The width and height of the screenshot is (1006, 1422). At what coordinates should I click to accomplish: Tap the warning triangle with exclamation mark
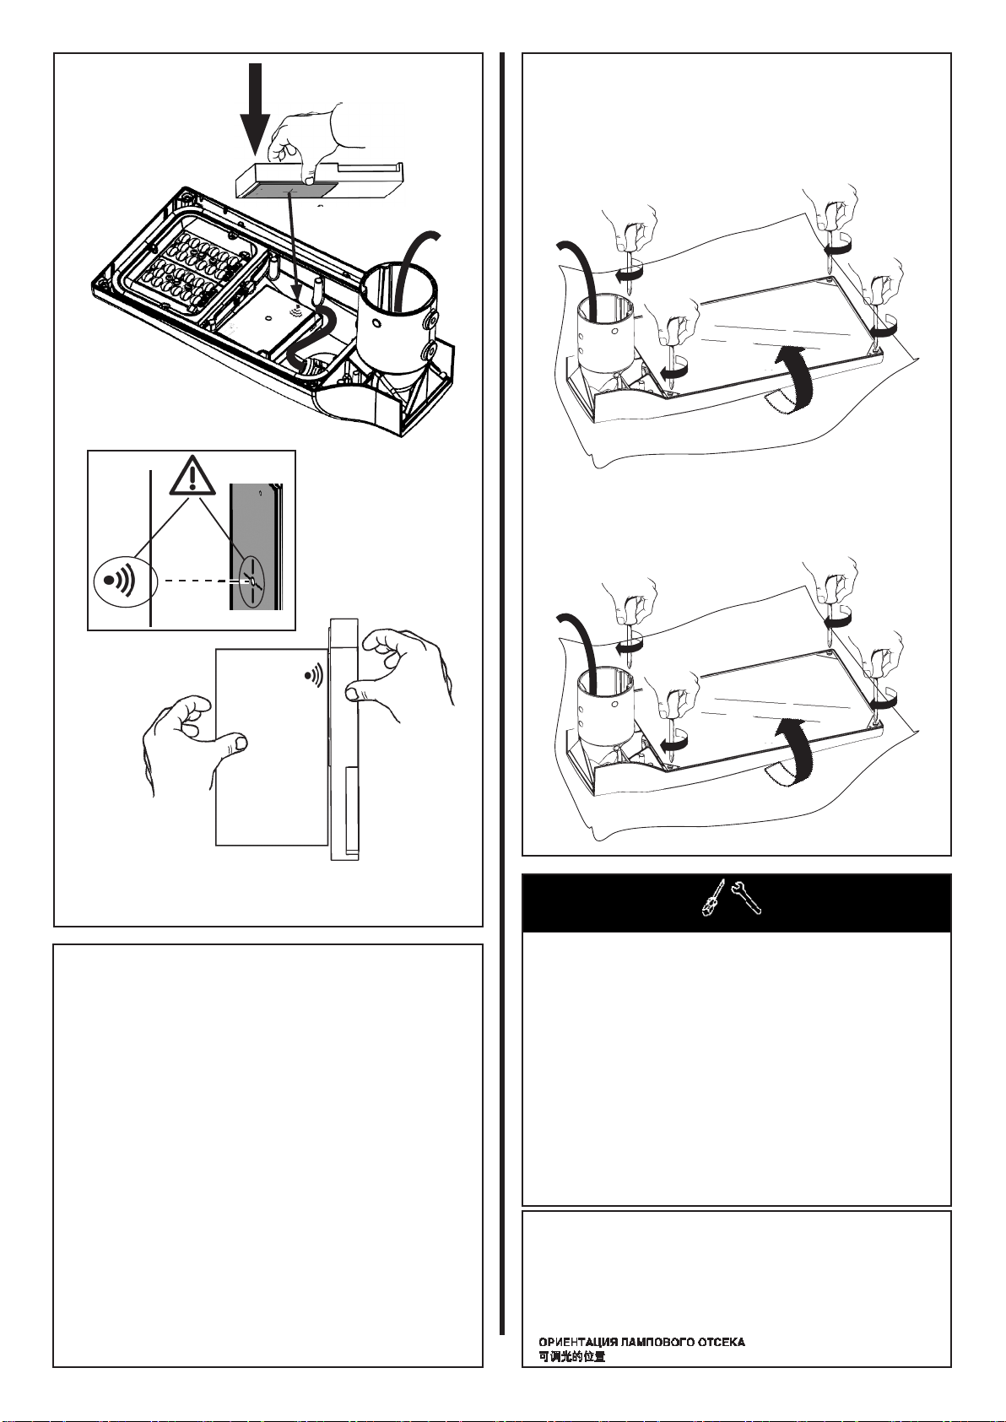click(x=192, y=477)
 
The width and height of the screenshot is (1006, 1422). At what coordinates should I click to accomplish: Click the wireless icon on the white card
click(x=312, y=675)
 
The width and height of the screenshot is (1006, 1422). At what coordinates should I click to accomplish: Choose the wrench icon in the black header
click(x=745, y=900)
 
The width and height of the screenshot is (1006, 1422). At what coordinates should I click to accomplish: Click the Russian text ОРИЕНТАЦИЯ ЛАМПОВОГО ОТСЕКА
click(x=641, y=1342)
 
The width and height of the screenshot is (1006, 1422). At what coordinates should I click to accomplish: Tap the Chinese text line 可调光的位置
click(x=572, y=1357)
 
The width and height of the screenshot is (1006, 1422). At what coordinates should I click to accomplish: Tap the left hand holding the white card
click(x=190, y=738)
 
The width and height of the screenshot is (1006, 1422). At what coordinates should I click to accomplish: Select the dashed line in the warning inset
click(x=196, y=581)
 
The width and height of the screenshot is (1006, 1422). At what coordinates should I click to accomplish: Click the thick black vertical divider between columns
click(x=503, y=692)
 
